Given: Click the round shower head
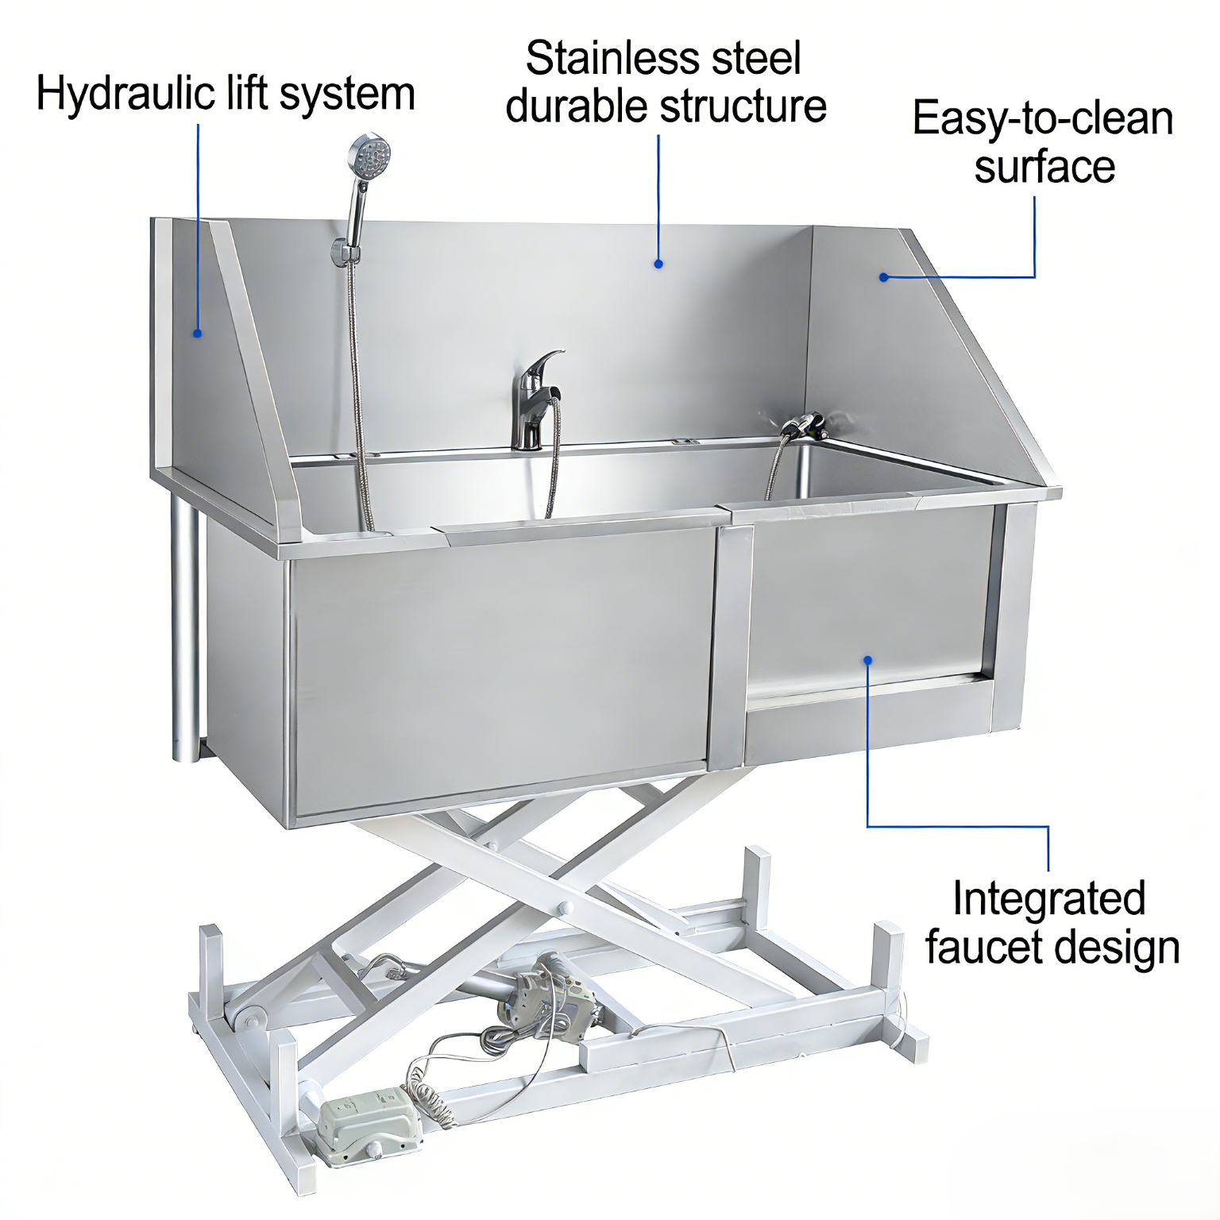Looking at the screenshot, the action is click(x=370, y=156).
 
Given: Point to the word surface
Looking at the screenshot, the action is click(x=1044, y=167).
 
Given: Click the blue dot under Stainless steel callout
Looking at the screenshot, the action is click(x=658, y=264).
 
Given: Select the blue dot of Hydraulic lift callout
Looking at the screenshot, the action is click(x=198, y=334).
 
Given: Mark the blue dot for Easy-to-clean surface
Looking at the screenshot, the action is click(x=883, y=277).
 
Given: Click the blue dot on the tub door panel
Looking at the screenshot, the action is click(x=868, y=660).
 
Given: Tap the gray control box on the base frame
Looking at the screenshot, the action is click(x=370, y=1126).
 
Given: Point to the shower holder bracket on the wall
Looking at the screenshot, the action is click(x=346, y=252).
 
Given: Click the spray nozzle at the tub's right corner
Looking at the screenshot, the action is click(x=805, y=427).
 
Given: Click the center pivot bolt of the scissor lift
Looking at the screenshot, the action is click(x=566, y=908).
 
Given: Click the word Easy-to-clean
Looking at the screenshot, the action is click(x=1043, y=119).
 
